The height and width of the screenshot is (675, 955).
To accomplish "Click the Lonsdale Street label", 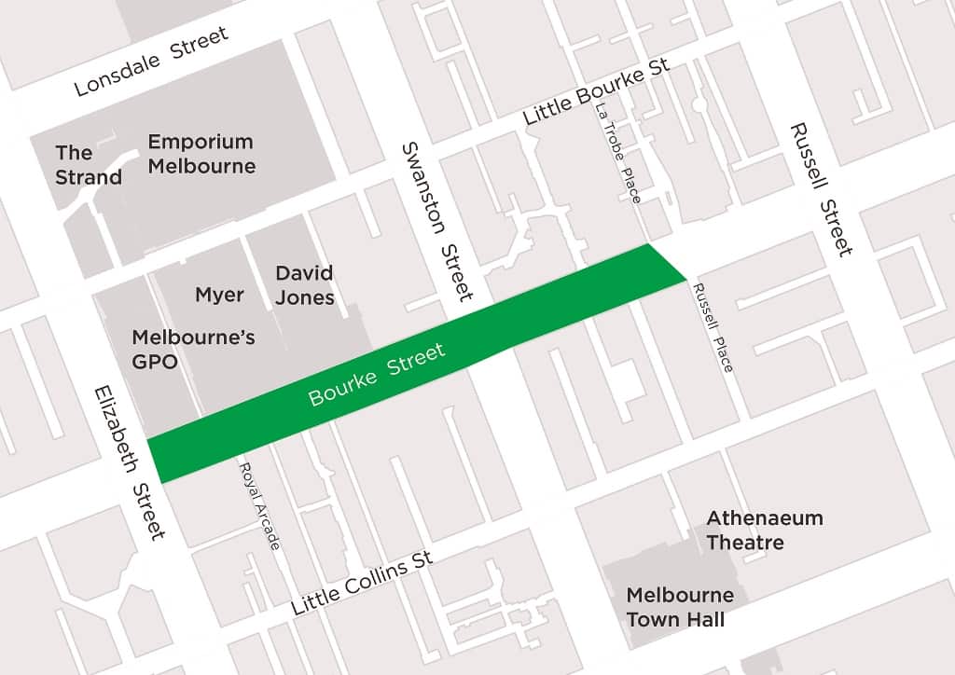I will coord(150,62).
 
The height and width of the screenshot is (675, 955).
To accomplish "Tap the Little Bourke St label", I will coord(596,97).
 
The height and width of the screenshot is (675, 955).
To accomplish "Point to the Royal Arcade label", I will coord(260,506).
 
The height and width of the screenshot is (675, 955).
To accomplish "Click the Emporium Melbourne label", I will coord(201,154).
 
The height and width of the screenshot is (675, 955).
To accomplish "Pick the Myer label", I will coord(219,295).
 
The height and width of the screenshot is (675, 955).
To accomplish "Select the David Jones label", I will coord(304,285).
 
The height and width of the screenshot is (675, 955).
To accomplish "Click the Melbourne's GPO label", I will coord(193,349).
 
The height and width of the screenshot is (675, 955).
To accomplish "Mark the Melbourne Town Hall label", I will coord(679,607).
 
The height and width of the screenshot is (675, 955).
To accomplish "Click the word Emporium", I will coord(201,142).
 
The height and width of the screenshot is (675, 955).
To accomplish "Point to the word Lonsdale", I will coord(118,74).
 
